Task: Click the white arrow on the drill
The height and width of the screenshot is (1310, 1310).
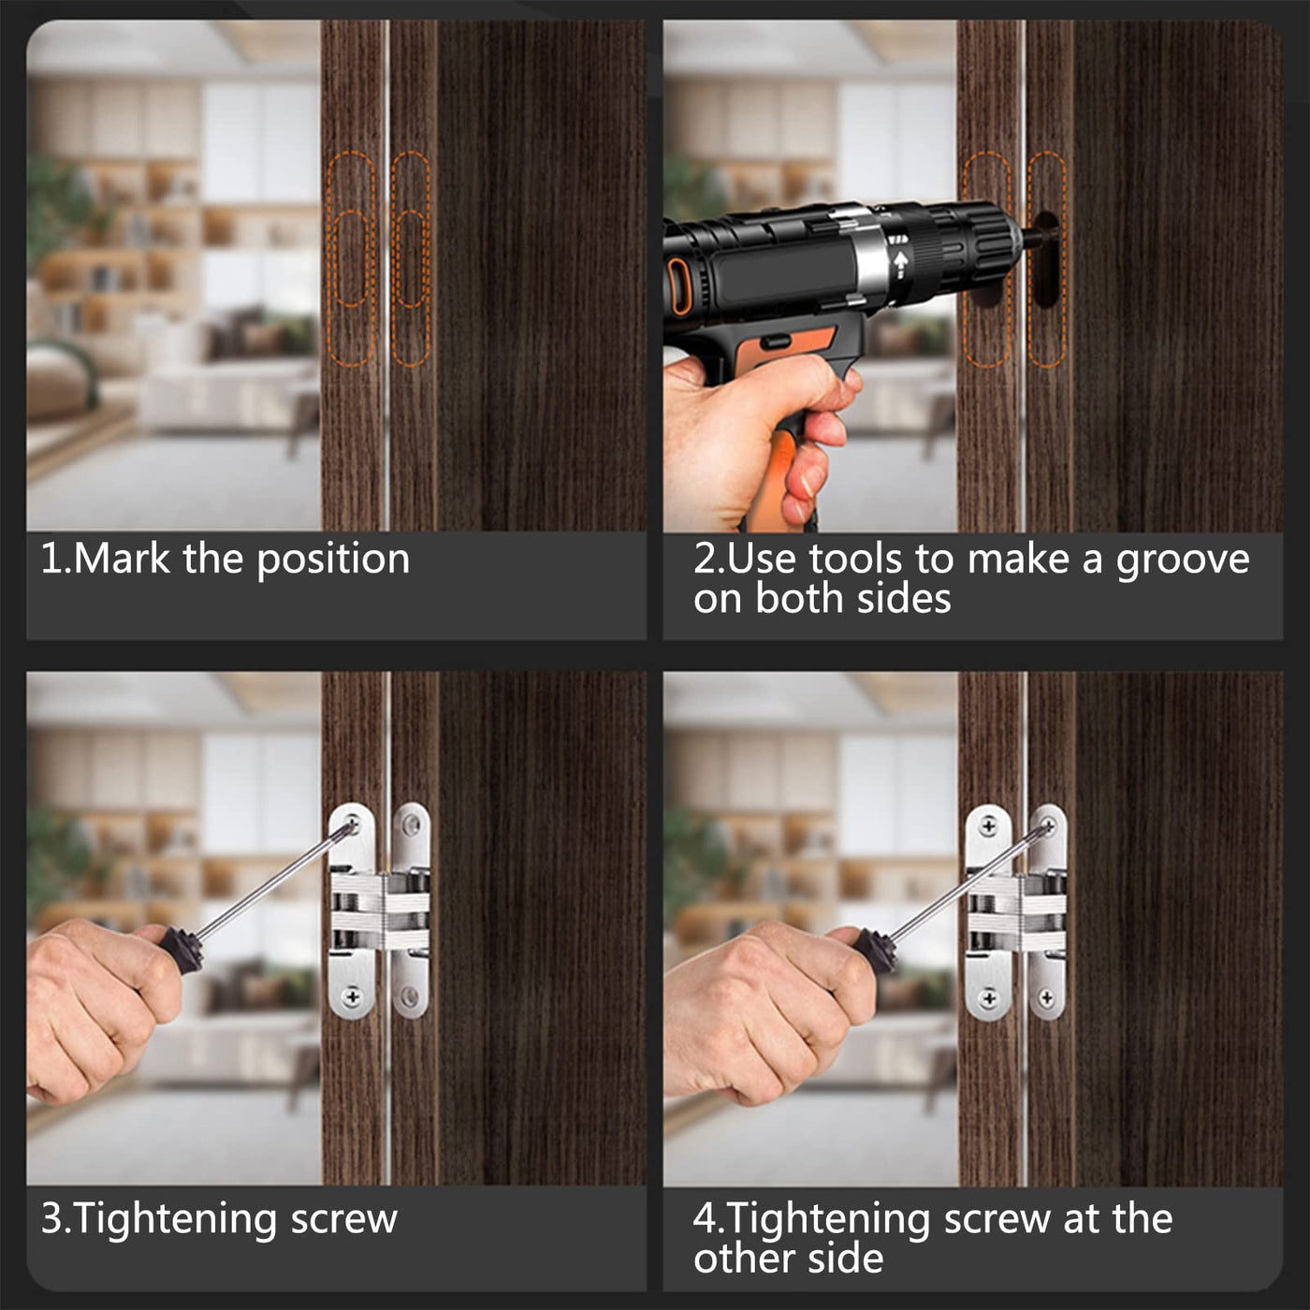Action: pos(901,260)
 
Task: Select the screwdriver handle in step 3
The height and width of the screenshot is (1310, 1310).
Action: pos(179,945)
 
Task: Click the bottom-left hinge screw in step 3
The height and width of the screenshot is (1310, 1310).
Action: pos(352,997)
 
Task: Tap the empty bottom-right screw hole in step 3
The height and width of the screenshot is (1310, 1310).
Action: pos(410,997)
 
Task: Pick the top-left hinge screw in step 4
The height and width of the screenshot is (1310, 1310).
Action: pos(988,827)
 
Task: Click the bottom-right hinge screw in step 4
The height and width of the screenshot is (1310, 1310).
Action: pos(1047,998)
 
